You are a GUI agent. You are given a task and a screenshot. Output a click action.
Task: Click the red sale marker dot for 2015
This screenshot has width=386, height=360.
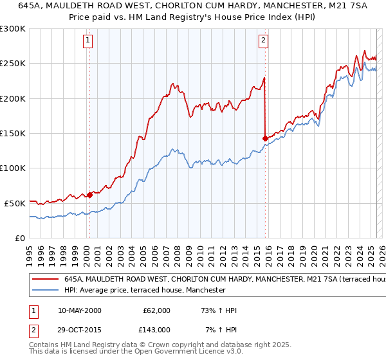tap(265, 138)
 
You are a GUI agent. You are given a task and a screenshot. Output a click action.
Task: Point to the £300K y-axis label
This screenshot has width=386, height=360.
tap(13, 30)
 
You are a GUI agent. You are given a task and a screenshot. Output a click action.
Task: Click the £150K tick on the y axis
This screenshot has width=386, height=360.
tap(13, 134)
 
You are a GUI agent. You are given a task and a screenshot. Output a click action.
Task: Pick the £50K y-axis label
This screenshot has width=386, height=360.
tap(15, 203)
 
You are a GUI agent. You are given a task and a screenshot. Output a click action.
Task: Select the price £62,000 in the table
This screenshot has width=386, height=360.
tap(156, 310)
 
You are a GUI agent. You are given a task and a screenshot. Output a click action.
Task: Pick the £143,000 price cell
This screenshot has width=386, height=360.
tap(156, 329)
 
